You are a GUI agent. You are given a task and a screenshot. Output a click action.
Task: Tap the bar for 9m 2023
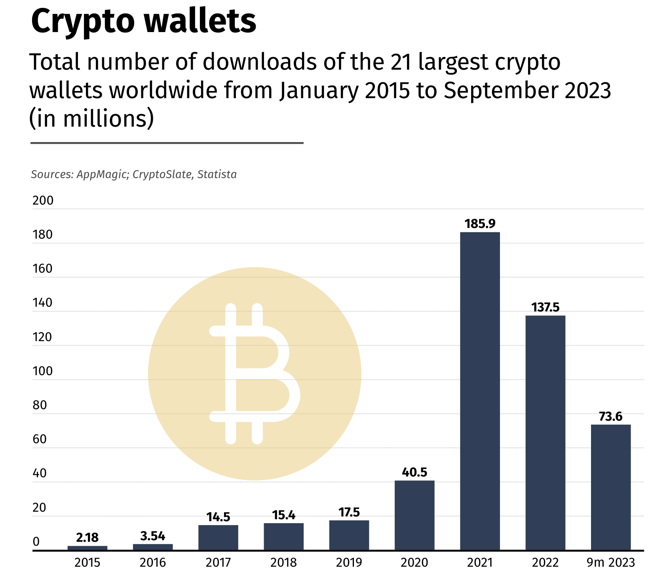[610, 487]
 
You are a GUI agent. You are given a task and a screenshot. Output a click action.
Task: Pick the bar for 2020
[414, 515]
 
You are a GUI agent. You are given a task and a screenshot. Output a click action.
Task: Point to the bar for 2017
[218, 537]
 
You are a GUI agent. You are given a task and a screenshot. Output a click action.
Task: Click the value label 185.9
[480, 224]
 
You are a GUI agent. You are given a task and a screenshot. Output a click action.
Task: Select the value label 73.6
[610, 416]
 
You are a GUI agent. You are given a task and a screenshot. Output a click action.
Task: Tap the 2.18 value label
[87, 537]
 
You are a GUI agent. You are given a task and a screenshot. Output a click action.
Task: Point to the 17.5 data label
[349, 512]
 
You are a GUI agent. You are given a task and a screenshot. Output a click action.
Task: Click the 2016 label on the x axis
[153, 562]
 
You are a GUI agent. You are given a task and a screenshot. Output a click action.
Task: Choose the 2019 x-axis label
[349, 562]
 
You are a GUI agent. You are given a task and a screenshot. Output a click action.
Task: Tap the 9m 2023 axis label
[610, 562]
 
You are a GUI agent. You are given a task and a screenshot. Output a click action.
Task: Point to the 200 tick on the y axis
[43, 201]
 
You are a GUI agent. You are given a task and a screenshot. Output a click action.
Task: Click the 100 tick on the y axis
[43, 371]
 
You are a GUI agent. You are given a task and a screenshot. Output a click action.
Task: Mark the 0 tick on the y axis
[36, 542]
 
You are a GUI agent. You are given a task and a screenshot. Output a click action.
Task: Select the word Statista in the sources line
[217, 175]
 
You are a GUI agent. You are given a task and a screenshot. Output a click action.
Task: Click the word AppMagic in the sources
[101, 175]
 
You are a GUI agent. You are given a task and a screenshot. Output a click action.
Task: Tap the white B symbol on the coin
[253, 373]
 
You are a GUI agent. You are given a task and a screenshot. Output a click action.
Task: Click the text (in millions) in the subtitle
[91, 118]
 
